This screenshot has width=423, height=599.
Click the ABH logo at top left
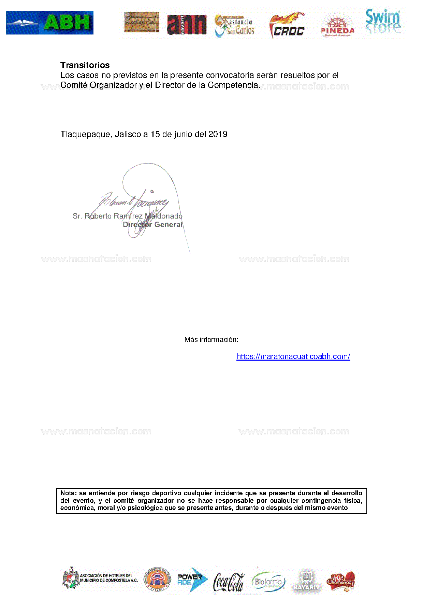(50, 23)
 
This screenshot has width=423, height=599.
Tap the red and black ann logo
(187, 25)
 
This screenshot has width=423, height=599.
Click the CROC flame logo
(288, 26)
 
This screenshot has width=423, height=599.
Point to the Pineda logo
(337, 26)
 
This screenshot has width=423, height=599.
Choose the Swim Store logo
(383, 22)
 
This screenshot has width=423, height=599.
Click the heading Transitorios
(85, 65)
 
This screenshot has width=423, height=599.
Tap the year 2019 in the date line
(218, 134)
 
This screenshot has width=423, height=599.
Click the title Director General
(153, 225)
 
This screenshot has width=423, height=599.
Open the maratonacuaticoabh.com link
(293, 357)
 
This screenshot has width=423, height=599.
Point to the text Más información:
(211, 339)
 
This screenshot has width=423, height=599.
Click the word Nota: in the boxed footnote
(68, 493)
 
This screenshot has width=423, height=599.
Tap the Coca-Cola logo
(229, 582)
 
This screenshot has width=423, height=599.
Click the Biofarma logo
(268, 581)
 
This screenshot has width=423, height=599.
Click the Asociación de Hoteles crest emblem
(71, 579)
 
